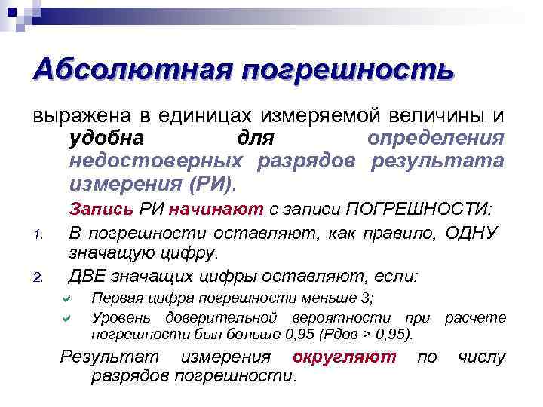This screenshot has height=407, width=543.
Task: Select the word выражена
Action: [x=80, y=117]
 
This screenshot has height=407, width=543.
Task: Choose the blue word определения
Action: [x=446, y=139]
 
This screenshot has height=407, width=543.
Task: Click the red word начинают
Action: [x=216, y=209]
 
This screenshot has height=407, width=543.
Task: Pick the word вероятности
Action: [x=351, y=318]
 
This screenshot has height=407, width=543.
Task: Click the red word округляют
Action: [x=343, y=357]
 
